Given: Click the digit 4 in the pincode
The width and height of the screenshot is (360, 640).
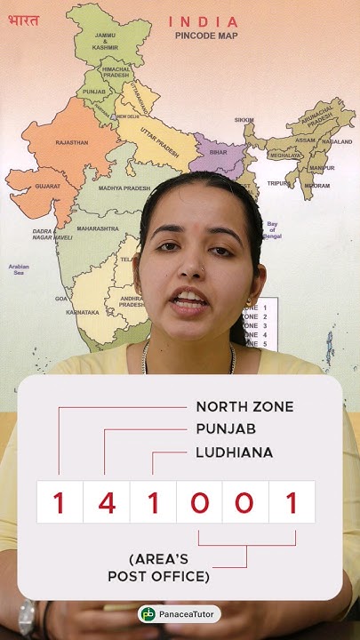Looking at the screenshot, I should pos(107,502).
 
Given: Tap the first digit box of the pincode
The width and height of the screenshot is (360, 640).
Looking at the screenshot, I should pos(60,502).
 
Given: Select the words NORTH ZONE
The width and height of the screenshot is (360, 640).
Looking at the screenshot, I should pos(244,407).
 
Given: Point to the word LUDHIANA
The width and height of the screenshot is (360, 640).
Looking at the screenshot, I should pos(234,452).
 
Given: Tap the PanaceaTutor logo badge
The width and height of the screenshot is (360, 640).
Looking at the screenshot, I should pos(180,614).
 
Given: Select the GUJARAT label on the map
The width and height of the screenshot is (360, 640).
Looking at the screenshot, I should pos(48,186).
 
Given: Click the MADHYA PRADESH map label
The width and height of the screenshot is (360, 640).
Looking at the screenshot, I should pos(123,188).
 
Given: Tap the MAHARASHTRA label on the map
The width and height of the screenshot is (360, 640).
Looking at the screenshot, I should pos(98,228).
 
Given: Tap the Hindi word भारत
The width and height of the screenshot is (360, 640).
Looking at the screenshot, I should pos(23,20).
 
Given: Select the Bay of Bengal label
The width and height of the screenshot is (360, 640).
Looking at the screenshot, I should pos(272,228).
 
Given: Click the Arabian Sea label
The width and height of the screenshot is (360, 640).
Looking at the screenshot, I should pos(19,269).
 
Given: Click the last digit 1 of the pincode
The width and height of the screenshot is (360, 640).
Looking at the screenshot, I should pos(292,502).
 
